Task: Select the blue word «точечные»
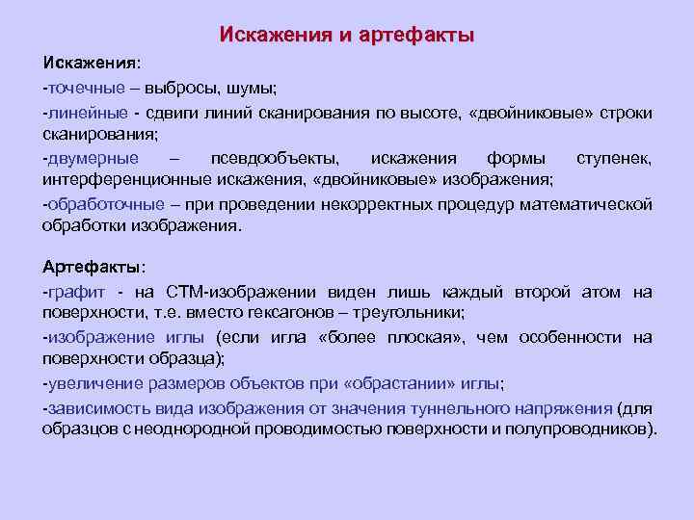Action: tap(86, 88)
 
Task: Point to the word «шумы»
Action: tap(253, 88)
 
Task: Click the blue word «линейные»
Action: tap(86, 113)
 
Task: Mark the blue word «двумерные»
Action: tap(93, 158)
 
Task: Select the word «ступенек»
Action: tap(614, 158)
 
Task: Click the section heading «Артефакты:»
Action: tap(93, 266)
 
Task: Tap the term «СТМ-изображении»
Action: tap(230, 292)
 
